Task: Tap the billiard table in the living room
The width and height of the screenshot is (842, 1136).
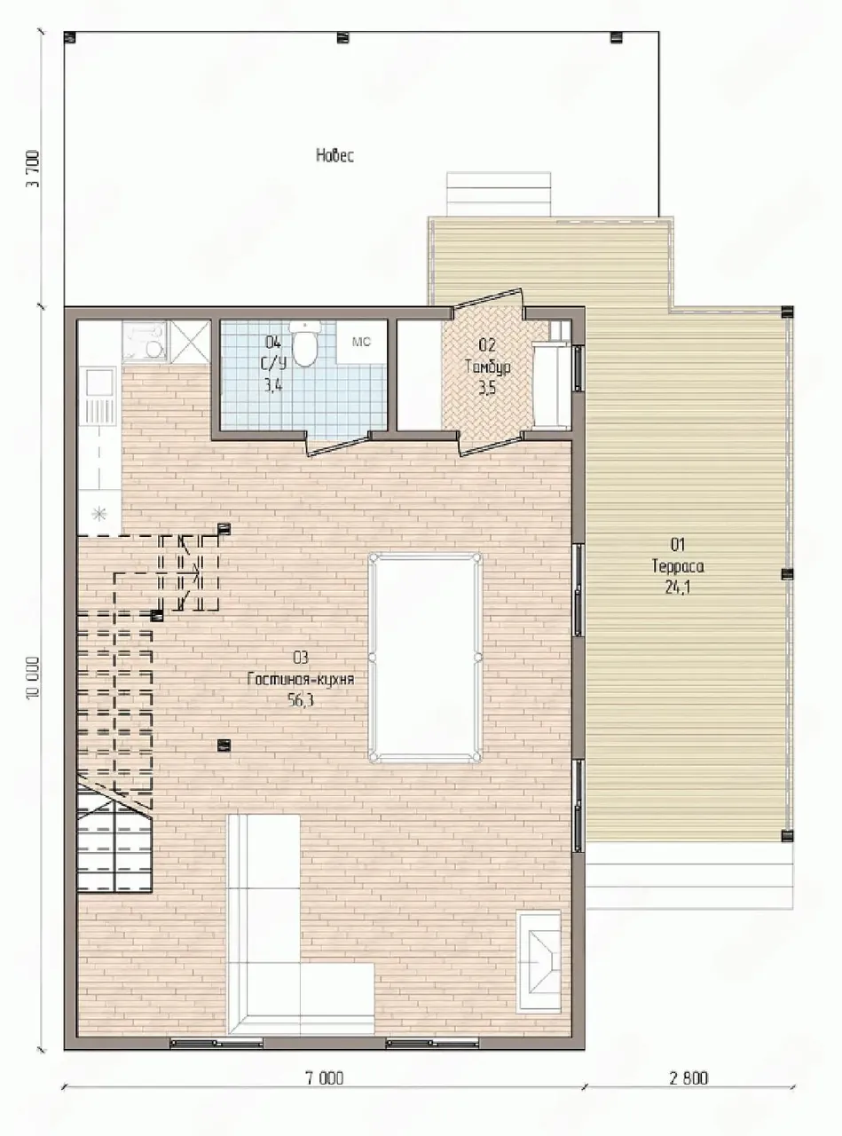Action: click(x=425, y=657)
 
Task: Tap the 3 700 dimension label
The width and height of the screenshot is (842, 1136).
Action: click(x=34, y=169)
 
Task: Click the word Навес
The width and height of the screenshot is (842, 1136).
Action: click(x=335, y=155)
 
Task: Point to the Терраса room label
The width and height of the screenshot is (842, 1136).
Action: click(x=678, y=566)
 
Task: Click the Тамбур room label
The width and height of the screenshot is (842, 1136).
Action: click(x=487, y=367)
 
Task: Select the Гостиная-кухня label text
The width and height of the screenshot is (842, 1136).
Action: click(x=301, y=679)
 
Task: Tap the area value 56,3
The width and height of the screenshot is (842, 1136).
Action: click(x=301, y=700)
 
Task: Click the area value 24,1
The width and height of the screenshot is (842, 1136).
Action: click(x=678, y=587)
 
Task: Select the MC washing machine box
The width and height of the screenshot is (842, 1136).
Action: click(x=361, y=342)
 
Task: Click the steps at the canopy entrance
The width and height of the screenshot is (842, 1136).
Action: click(x=499, y=194)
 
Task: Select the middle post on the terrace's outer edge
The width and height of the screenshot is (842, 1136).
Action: click(x=788, y=574)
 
